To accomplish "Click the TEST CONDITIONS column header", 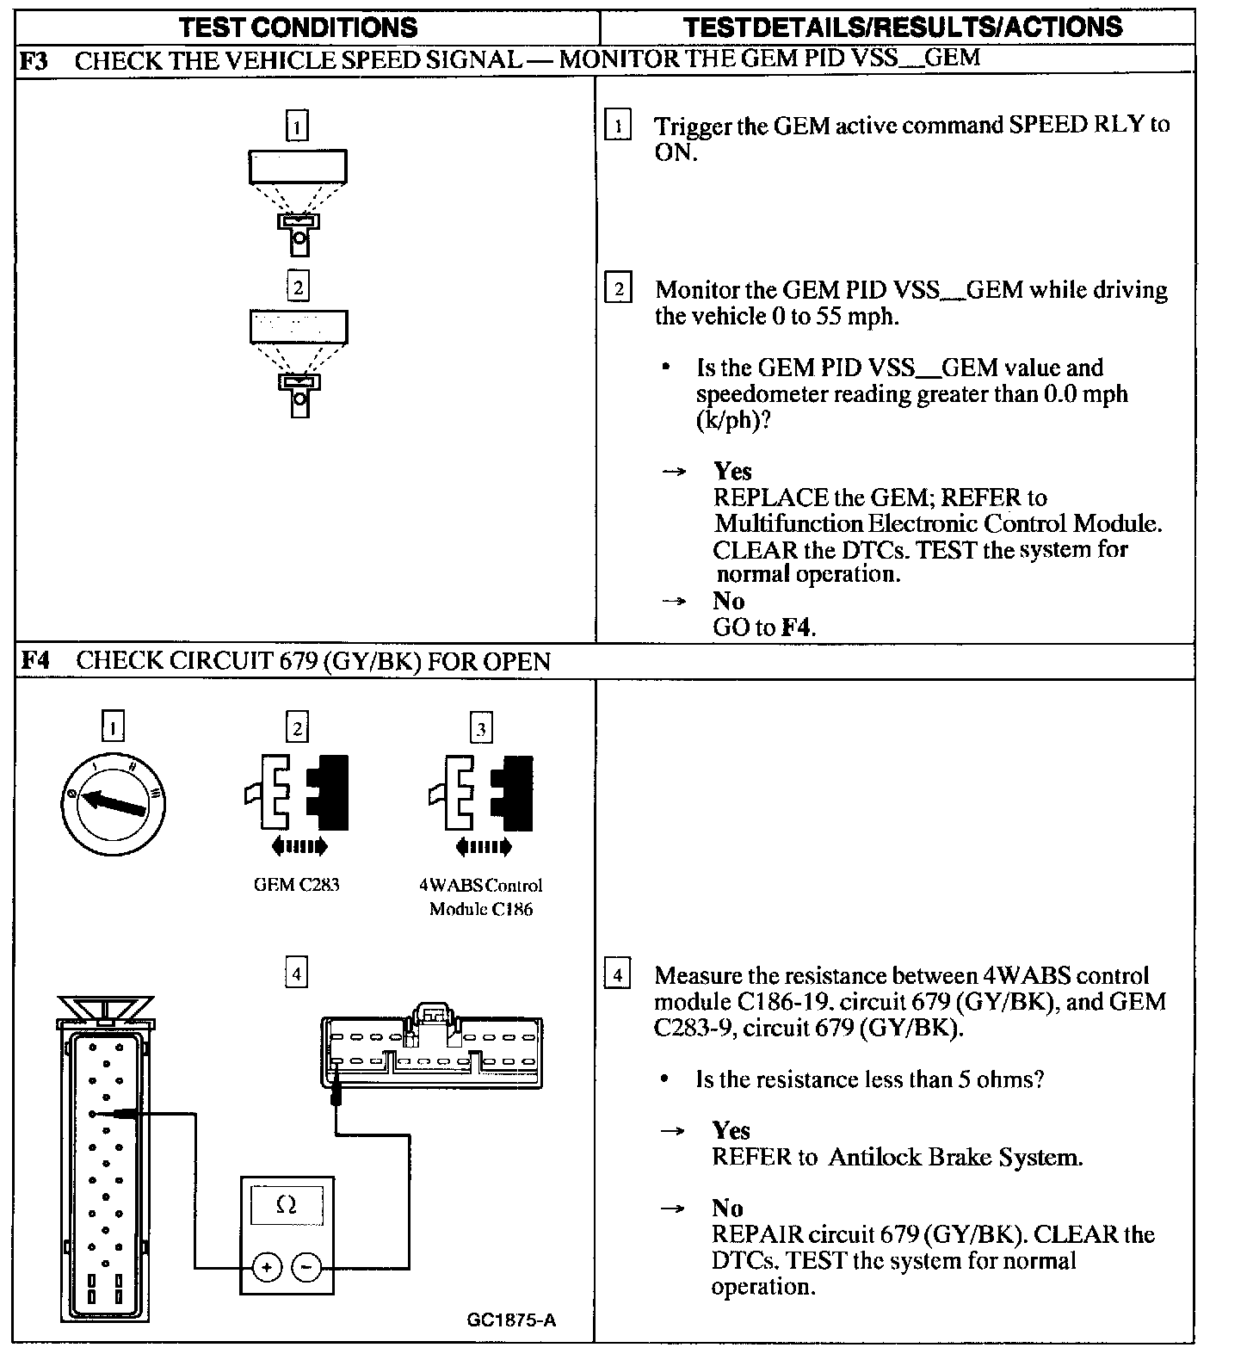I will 298,27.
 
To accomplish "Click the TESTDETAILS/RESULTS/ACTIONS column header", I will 902,27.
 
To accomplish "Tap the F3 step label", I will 34,60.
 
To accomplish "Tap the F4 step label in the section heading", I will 34,660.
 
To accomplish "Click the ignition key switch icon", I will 113,804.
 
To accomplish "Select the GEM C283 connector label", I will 296,885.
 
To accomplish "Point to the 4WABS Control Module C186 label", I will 481,897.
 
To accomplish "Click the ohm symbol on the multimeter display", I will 287,1205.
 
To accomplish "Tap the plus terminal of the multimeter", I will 267,1267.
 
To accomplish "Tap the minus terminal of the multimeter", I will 307,1267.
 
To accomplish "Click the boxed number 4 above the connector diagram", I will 296,974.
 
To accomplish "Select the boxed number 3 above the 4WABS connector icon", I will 481,729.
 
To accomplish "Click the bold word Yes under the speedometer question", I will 732,471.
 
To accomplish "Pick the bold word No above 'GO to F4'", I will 728,601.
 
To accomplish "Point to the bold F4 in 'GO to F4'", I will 797,627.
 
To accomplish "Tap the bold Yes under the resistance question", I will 731,1130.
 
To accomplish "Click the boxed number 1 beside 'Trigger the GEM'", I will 618,126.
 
